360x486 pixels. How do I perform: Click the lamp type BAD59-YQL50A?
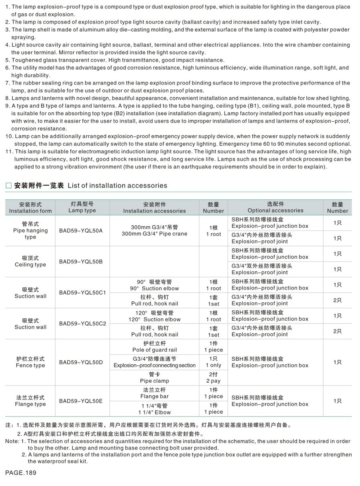pos(81,231)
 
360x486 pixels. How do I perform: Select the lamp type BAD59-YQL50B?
pos(81,261)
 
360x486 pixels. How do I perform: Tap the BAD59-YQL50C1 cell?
pos(82,293)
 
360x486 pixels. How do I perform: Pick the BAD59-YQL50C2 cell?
pos(82,323)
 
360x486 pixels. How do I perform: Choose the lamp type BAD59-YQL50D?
pos(81,362)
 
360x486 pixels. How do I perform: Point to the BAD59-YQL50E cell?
pos(81,401)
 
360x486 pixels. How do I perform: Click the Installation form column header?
pos(30,208)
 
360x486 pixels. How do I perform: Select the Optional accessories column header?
pos(275,207)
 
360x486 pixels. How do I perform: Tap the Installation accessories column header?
pos(154,208)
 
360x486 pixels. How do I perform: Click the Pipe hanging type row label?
pos(30,231)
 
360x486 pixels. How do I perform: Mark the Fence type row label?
pos(30,362)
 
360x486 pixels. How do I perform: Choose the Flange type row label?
pos(30,401)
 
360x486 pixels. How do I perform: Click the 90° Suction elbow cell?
pos(154,285)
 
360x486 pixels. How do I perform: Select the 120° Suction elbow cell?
pos(154,316)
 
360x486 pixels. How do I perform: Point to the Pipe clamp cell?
pos(154,378)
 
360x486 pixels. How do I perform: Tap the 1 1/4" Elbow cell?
pos(154,409)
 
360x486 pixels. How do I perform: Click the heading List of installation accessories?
pos(90,185)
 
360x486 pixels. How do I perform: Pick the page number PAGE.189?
pos(21,473)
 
